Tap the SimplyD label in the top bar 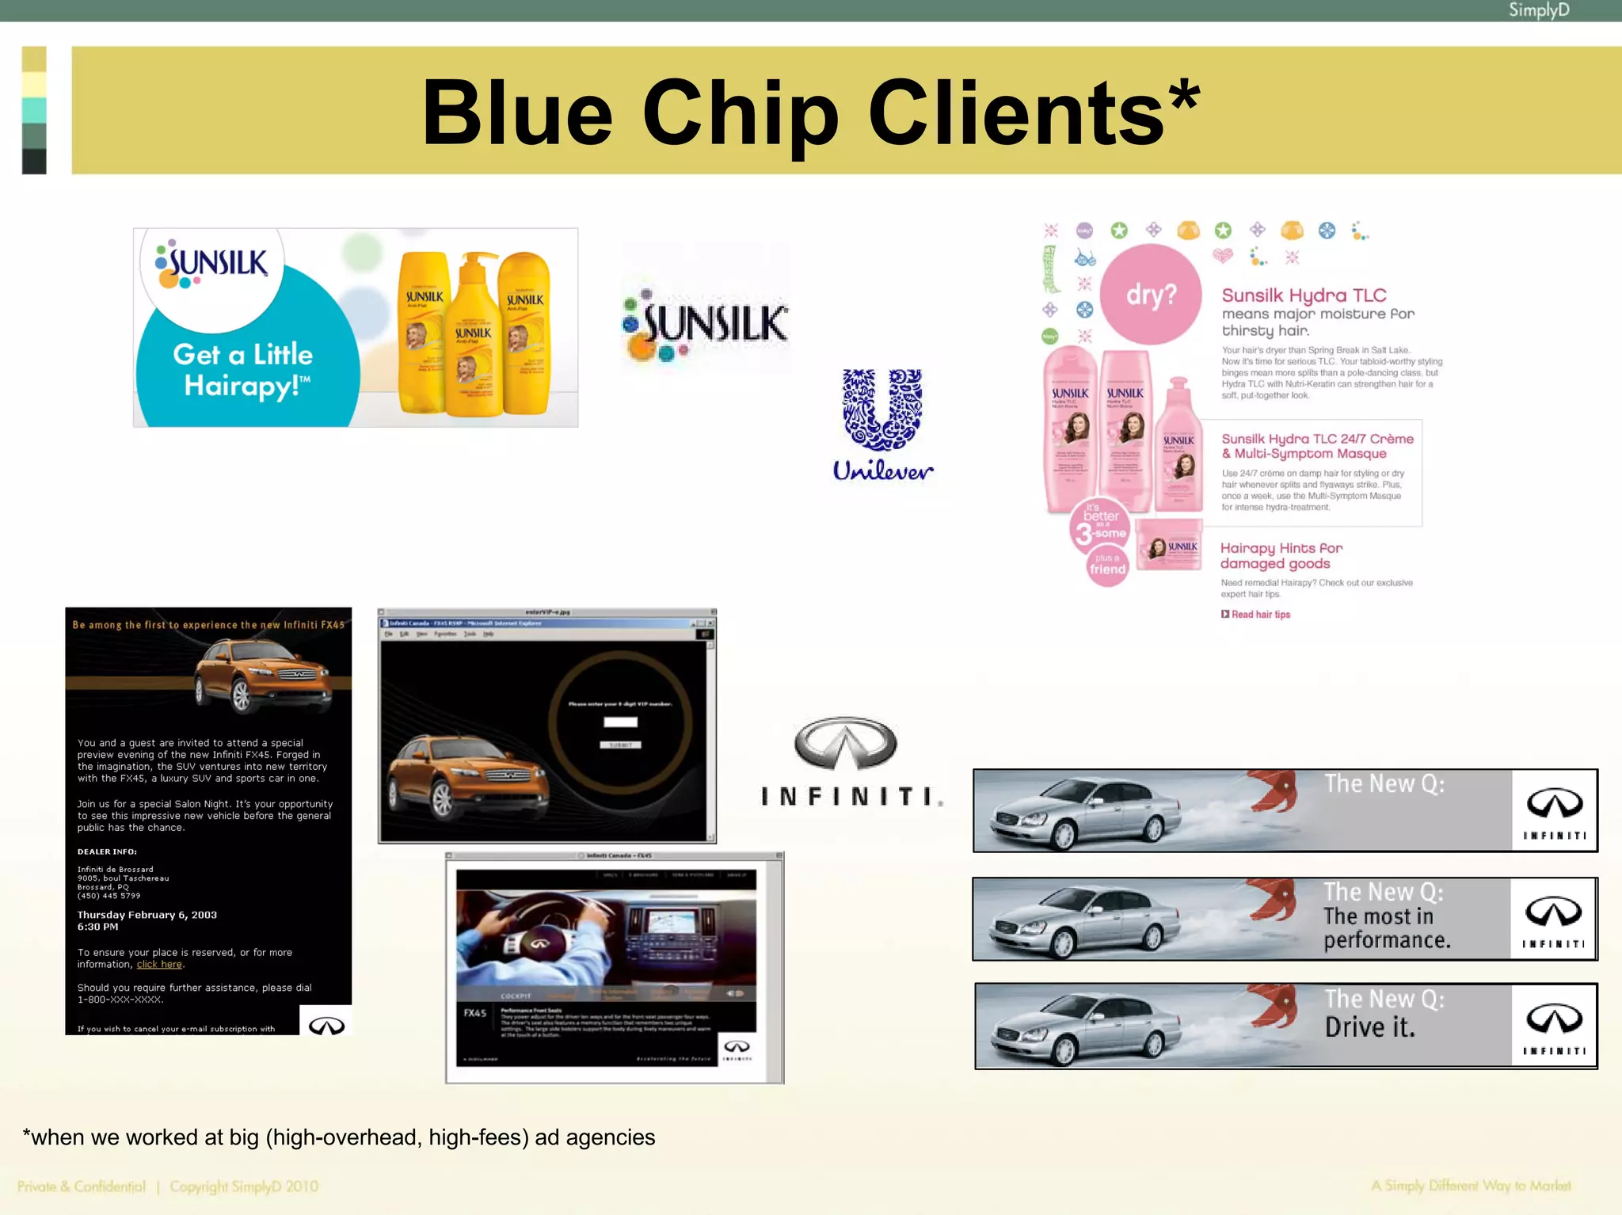(x=1538, y=10)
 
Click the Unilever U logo (x=882, y=409)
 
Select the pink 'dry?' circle (x=1151, y=295)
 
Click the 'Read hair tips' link (x=1260, y=615)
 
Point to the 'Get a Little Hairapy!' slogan (x=243, y=370)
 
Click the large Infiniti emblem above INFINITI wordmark (x=845, y=744)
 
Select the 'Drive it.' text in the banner (x=1369, y=1027)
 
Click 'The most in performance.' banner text (x=1386, y=927)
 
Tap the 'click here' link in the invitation (x=159, y=965)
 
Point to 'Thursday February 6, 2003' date (x=147, y=915)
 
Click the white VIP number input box (x=620, y=722)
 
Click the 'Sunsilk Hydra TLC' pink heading (x=1304, y=295)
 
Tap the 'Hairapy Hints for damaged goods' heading (x=1281, y=555)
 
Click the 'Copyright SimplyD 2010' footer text (x=244, y=1186)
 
